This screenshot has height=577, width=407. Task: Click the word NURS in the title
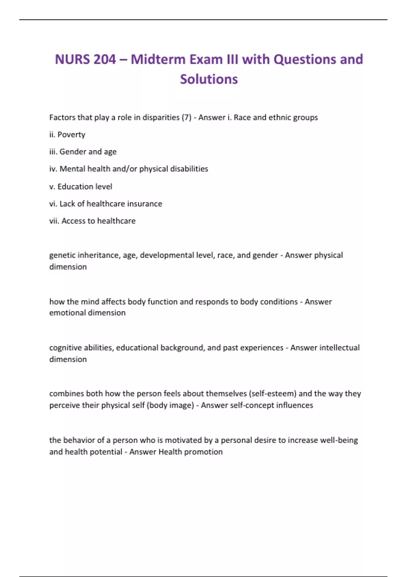pos(72,59)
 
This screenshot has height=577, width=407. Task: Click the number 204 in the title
pos(105,59)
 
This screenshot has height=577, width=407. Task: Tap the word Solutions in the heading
pos(209,79)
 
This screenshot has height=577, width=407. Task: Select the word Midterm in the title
pos(158,59)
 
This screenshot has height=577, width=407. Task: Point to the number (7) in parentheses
pos(187,117)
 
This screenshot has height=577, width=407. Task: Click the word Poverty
pos(71,135)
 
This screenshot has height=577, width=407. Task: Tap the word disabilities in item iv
pos(189,169)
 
